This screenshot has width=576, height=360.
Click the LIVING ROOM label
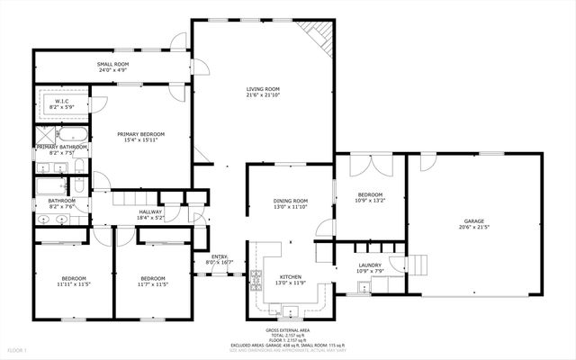(264, 88)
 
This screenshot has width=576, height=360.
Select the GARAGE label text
(473, 220)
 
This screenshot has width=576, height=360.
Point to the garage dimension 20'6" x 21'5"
(473, 228)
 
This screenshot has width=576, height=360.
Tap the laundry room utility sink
(363, 288)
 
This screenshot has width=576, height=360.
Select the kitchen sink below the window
(291, 312)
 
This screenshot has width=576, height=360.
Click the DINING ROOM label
(291, 201)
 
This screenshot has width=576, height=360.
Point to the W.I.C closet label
(62, 102)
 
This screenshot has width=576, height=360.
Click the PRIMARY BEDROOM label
(143, 133)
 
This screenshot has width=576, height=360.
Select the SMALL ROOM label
(112, 66)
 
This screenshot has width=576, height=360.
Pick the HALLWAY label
(150, 211)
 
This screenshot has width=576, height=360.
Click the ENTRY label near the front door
(220, 256)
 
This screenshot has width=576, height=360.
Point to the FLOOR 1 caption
(18, 349)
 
